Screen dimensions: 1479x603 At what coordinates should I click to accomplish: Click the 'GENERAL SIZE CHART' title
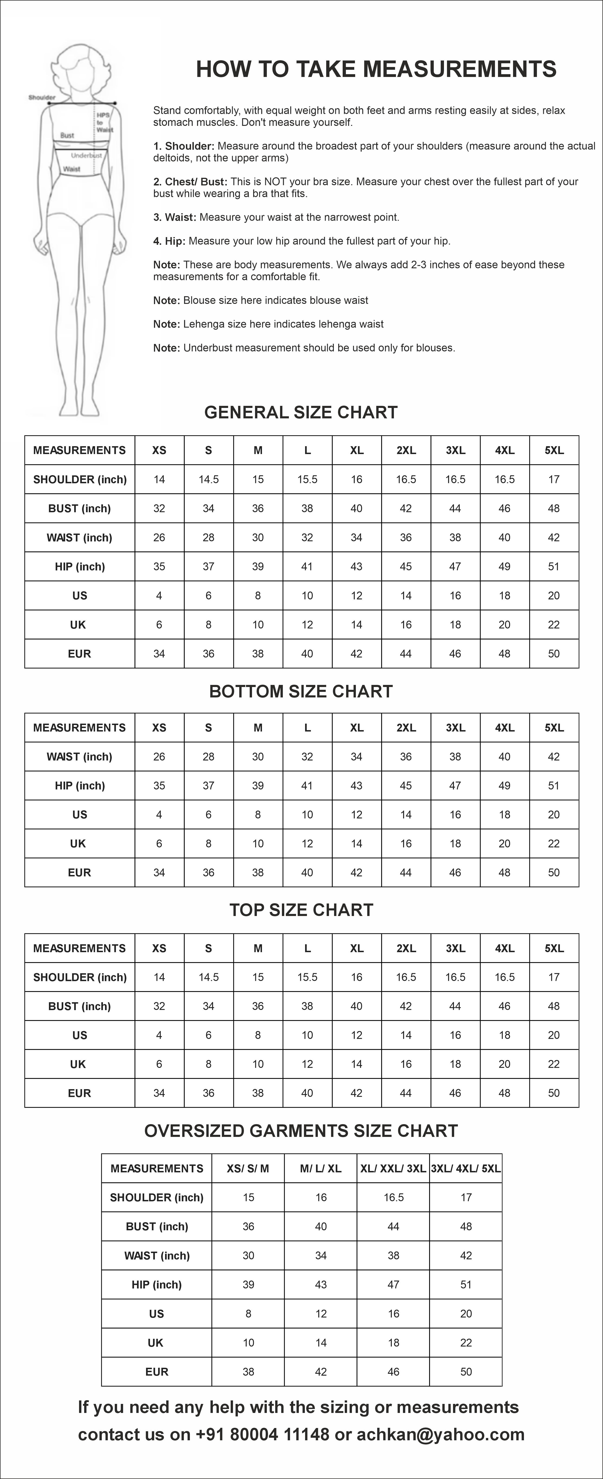coord(301,412)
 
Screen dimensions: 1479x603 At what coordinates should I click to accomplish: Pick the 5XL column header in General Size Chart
coord(554,450)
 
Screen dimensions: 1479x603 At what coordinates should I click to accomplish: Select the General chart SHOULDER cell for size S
coord(208,479)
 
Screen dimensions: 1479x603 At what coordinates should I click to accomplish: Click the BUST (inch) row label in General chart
coord(79,508)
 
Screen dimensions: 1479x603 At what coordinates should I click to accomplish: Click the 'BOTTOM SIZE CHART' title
coord(301,691)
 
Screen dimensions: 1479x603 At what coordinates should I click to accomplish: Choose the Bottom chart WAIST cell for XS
coord(159,757)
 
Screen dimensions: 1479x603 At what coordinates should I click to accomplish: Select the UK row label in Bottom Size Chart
coord(78,843)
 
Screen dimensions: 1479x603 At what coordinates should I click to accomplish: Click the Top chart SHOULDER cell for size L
coord(307,977)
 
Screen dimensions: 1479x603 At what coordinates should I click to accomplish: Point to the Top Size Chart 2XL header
coord(406,948)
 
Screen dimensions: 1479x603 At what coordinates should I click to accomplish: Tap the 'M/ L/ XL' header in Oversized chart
coord(320,1168)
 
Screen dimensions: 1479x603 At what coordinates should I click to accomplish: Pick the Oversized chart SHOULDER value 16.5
coord(393,1197)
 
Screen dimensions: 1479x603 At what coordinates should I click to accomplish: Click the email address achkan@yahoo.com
coord(440,1434)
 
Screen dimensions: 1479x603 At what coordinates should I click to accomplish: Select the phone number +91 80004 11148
coord(262,1434)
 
